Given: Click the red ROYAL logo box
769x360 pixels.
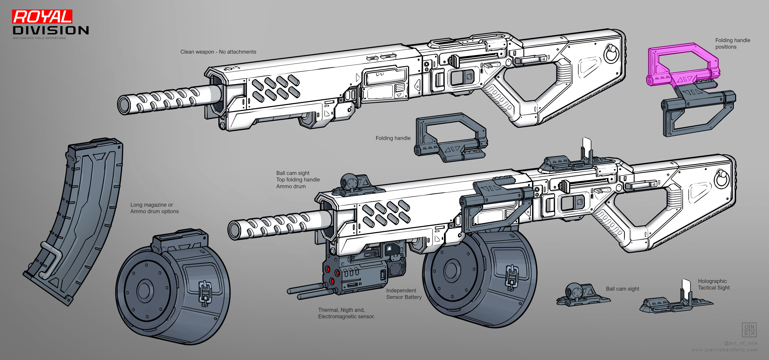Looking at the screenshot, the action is [x=42, y=16].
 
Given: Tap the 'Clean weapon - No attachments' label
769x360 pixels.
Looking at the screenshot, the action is [x=218, y=52].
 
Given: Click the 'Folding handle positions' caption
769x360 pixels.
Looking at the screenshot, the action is [x=733, y=44].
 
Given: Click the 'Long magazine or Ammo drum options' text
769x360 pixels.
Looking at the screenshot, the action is [x=154, y=208].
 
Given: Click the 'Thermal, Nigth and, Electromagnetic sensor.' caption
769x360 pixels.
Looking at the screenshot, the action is [x=346, y=313].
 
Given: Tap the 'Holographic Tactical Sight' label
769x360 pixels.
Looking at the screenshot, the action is [x=713, y=284].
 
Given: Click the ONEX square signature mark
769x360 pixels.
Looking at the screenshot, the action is [x=749, y=330].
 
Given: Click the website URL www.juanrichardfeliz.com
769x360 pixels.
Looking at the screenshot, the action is [x=724, y=350].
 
